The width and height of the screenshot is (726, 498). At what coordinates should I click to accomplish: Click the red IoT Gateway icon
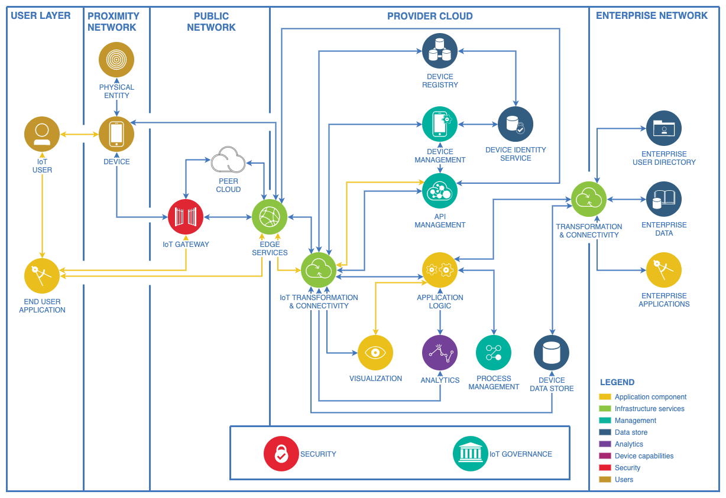(x=186, y=217)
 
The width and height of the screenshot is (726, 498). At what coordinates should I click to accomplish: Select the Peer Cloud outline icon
(x=228, y=160)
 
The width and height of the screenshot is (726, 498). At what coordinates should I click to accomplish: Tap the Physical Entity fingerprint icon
(x=116, y=60)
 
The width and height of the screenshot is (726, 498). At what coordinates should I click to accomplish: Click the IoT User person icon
(x=42, y=134)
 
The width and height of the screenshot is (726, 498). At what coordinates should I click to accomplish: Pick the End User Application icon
(x=42, y=276)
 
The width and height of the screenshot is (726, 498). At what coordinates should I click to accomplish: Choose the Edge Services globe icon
(x=270, y=217)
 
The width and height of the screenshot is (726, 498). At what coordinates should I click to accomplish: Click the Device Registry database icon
(x=440, y=51)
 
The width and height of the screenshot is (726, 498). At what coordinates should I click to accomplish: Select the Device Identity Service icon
(x=516, y=124)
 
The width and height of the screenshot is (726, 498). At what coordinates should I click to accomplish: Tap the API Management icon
(x=440, y=191)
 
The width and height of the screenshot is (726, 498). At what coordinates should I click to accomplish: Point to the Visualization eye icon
(x=375, y=353)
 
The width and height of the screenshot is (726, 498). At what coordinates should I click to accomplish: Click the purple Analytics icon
(x=440, y=353)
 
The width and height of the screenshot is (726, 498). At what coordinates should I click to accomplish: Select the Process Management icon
(x=494, y=353)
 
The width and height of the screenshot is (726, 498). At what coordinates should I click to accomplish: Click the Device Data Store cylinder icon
(x=552, y=353)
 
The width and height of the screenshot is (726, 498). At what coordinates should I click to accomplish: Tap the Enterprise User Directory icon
(x=664, y=128)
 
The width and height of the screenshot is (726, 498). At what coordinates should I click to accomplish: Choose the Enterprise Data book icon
(x=664, y=199)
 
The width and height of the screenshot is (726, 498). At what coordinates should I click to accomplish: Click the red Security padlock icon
(x=281, y=454)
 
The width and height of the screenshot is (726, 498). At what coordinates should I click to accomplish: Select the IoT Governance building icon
(x=471, y=454)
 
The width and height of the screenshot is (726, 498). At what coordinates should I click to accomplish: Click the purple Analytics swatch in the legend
(x=605, y=444)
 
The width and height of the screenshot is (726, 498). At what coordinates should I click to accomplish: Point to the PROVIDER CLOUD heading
(x=430, y=16)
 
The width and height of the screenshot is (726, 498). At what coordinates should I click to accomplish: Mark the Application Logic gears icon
(x=440, y=270)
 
